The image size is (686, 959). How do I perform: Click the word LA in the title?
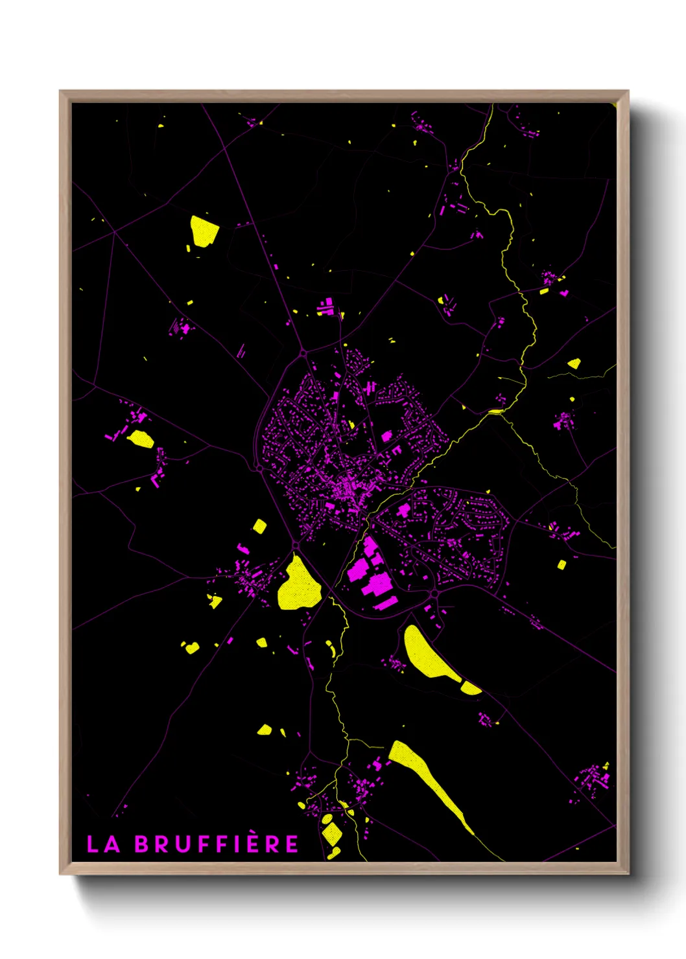pos(104,844)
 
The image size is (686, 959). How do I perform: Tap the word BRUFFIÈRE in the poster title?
pos(217,844)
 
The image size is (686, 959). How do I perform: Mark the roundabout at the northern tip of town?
pos(303,354)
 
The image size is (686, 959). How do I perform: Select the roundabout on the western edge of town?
pos(259,468)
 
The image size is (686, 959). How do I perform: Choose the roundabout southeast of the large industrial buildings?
pos(434,594)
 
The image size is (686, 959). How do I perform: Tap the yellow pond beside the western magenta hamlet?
pos(141,439)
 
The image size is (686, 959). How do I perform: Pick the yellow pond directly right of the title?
pos(331,833)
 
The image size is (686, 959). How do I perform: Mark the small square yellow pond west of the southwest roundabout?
pos(259,526)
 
